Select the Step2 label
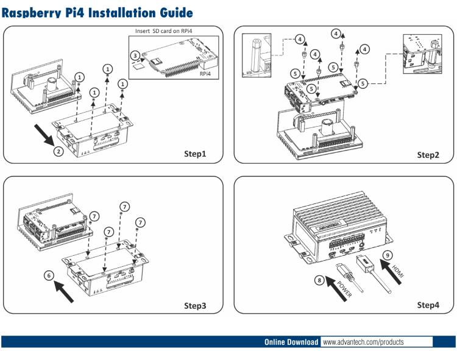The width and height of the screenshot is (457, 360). click(428, 155)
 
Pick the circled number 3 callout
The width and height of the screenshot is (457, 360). click(135, 55)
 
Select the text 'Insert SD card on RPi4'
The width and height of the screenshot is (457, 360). click(168, 30)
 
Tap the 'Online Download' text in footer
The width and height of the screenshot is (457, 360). click(291, 342)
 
